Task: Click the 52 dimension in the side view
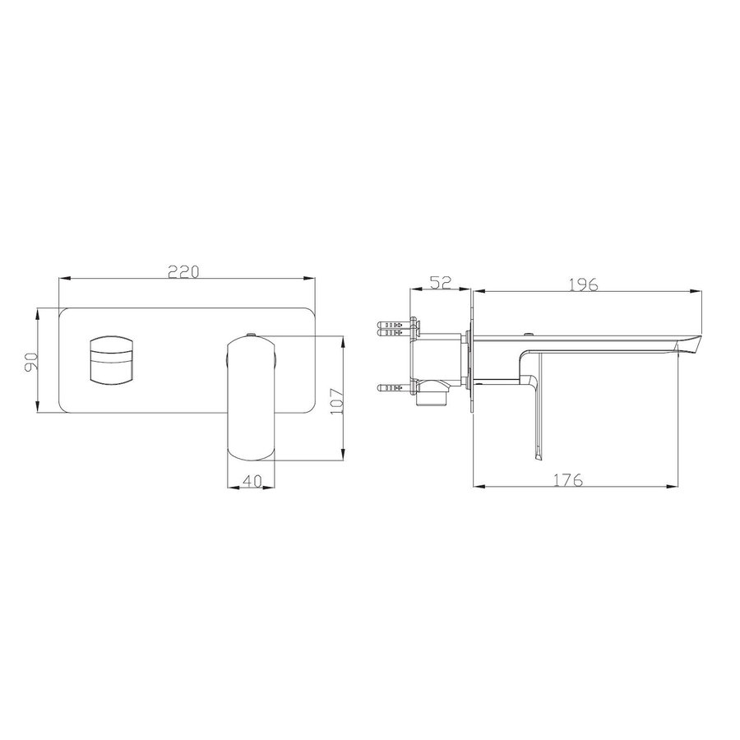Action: (441, 282)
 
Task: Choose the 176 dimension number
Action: (568, 480)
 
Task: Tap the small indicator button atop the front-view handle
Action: (252, 334)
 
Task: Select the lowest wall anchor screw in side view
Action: (391, 386)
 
